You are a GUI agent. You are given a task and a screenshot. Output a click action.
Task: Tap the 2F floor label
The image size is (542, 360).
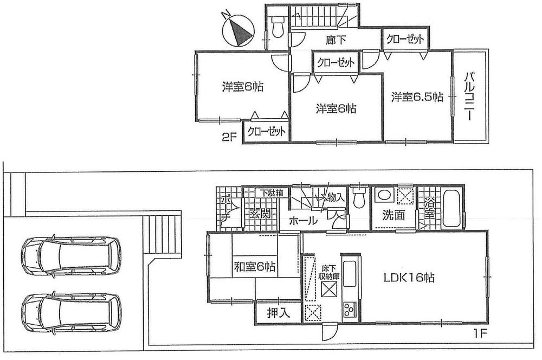pos(229,138)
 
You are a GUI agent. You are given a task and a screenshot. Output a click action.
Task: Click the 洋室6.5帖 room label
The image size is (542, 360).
pos(417,97)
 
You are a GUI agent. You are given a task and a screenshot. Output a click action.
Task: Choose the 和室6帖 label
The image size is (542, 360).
pos(254,267)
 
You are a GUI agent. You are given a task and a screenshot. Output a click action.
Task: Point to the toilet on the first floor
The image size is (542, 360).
pos(357,198)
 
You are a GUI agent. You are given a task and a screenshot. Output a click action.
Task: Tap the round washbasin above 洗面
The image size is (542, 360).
pos(383,196)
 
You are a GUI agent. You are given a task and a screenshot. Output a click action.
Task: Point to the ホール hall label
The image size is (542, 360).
pos(304,221)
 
